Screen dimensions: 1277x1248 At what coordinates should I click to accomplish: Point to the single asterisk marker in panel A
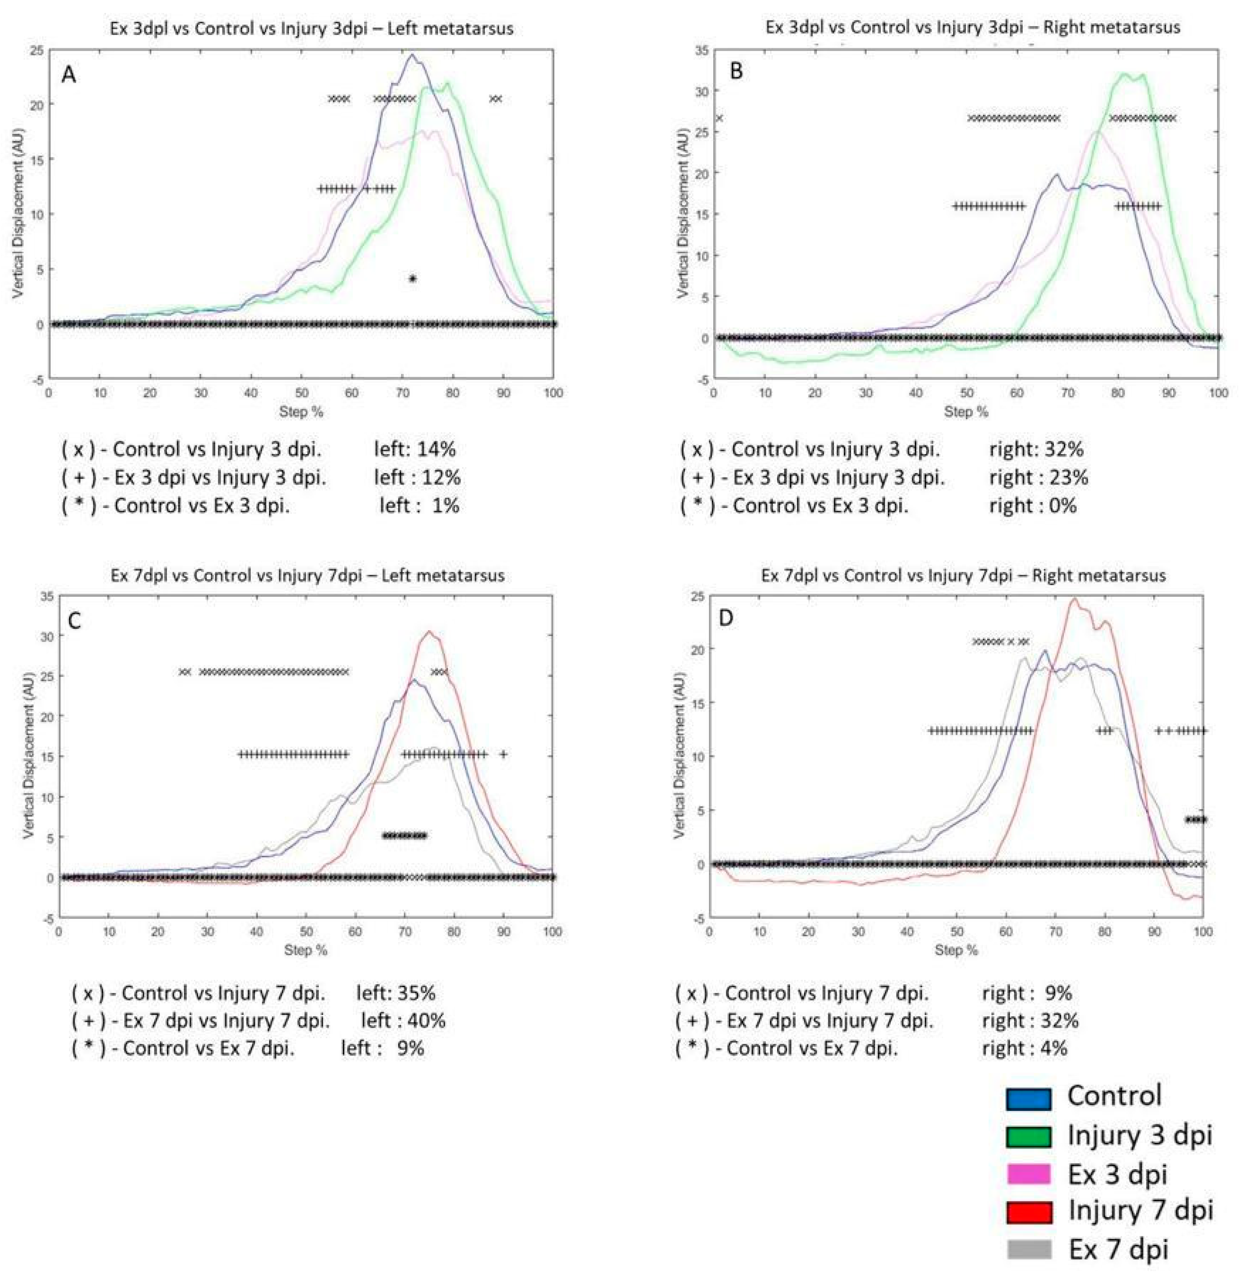pos(412,279)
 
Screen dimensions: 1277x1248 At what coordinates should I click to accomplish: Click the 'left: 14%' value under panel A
pos(414,449)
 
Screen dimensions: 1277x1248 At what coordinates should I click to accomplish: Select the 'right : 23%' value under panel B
pos(1038,477)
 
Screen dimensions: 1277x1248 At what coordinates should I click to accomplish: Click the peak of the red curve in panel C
pos(429,632)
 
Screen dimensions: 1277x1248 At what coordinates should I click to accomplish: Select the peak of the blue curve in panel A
pos(411,54)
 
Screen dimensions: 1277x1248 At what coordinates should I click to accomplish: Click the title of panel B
pos(973,28)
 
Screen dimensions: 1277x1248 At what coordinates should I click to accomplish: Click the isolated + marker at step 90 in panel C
pos(503,754)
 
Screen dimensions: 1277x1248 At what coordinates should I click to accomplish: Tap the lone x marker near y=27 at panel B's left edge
pos(719,118)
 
